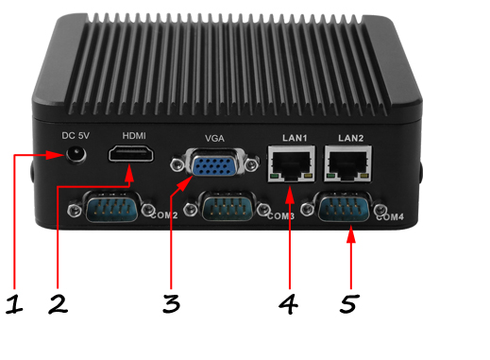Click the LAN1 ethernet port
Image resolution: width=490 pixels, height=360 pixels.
tap(295, 164)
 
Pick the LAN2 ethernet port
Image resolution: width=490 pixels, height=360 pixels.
tap(348, 164)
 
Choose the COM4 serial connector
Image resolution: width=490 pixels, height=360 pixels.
tap(344, 207)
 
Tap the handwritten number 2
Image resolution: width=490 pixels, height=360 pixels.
tap(58, 303)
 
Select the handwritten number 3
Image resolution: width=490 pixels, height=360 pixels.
tap(171, 303)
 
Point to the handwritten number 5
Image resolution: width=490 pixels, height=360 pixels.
tap(350, 303)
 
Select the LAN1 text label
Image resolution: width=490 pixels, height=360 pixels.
tap(296, 139)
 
